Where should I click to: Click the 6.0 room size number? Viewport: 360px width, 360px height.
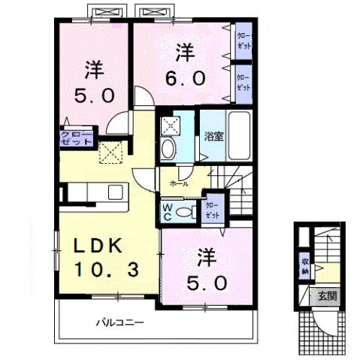pos(181,77)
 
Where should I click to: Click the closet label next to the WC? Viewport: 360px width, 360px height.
pos(212,210)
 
